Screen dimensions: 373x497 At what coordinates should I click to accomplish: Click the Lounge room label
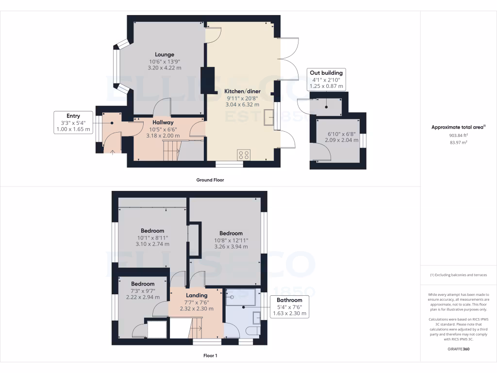pyautogui.click(x=165, y=55)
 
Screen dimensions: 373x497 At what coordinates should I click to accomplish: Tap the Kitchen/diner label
pyautogui.click(x=242, y=91)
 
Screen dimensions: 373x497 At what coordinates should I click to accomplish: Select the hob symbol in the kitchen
pyautogui.click(x=243, y=155)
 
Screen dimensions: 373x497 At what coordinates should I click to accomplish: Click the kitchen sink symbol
pyautogui.click(x=268, y=118)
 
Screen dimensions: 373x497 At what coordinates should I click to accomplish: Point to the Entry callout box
pyautogui.click(x=73, y=122)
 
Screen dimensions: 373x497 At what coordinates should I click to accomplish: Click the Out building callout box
pyautogui.click(x=326, y=80)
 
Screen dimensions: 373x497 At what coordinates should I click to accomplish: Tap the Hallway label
pyautogui.click(x=163, y=122)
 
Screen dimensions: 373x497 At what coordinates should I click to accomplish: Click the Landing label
pyautogui.click(x=197, y=295)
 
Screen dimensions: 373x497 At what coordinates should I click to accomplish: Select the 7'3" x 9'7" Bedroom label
pyautogui.click(x=143, y=284)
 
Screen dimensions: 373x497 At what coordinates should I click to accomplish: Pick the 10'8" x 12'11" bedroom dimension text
pyautogui.click(x=231, y=240)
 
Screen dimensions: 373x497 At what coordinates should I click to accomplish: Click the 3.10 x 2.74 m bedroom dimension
pyautogui.click(x=152, y=244)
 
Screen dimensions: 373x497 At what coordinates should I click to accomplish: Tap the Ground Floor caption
pyautogui.click(x=210, y=180)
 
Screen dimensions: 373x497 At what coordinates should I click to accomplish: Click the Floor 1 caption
pyautogui.click(x=210, y=356)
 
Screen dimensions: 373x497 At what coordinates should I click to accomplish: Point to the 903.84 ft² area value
pyautogui.click(x=459, y=136)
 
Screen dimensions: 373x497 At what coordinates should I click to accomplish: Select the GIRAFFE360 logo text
pyautogui.click(x=459, y=349)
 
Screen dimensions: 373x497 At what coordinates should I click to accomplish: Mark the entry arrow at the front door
pyautogui.click(x=113, y=153)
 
